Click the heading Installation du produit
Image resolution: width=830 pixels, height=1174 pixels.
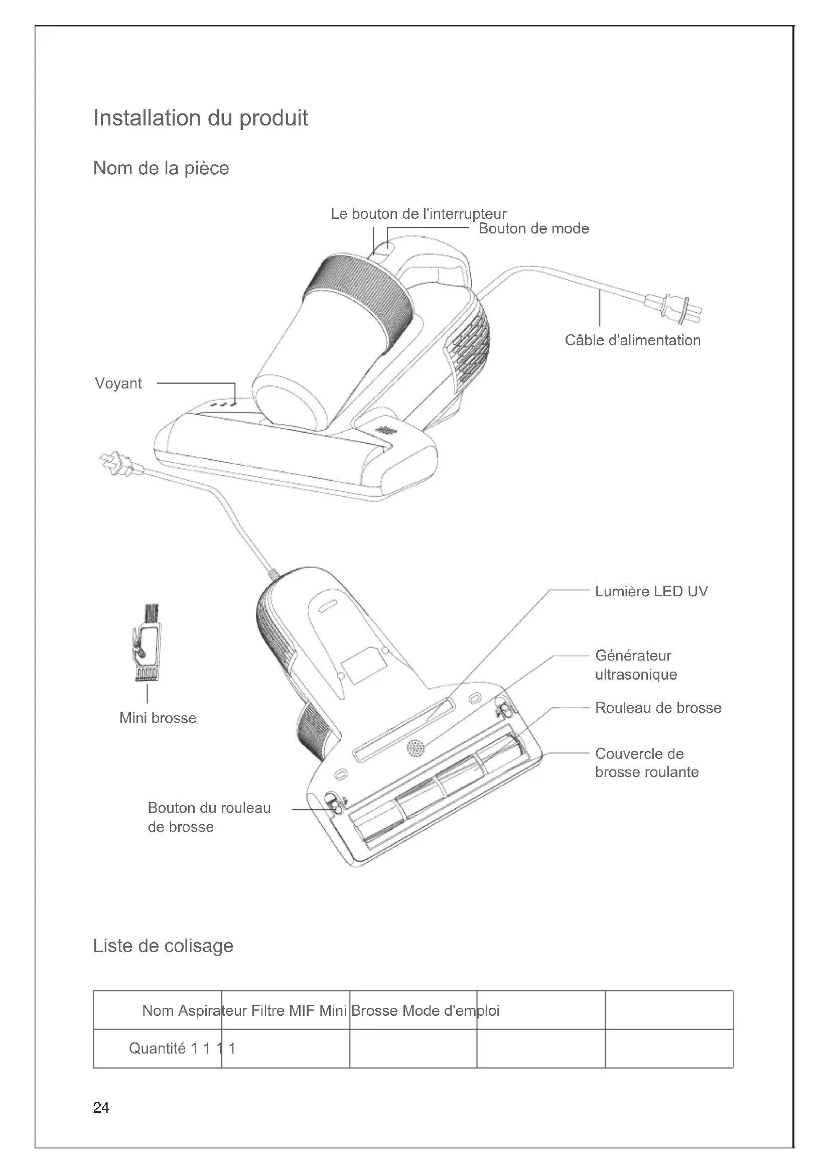(200, 118)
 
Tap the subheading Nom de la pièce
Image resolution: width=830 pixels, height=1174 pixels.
(161, 168)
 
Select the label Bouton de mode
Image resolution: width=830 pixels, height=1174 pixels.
(533, 228)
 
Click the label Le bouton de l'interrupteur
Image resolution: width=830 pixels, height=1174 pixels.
(419, 214)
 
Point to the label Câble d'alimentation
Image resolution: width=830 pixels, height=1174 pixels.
(632, 340)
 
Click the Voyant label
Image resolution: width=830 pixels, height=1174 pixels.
(118, 383)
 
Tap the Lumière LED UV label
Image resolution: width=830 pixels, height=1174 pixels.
(651, 592)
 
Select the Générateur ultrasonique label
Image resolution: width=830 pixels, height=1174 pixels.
(636, 665)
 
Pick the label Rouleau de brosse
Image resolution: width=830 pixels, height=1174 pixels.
(658, 708)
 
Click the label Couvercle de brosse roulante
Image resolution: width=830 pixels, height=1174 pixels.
(646, 763)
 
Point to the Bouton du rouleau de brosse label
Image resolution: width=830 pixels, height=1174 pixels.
(209, 817)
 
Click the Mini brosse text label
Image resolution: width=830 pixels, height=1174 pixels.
(158, 718)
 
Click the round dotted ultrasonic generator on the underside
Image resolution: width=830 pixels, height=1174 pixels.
(416, 748)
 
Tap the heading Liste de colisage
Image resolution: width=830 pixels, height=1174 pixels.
(163, 946)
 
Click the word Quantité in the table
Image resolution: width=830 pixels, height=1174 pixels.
(157, 1049)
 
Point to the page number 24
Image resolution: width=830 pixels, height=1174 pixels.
(101, 1108)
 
